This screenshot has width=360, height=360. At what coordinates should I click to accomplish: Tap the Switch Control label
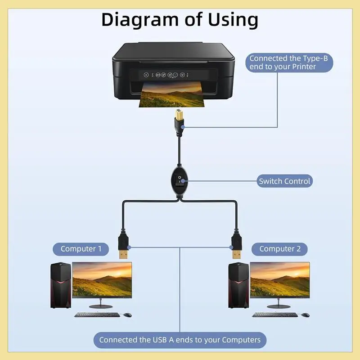tap(284, 181)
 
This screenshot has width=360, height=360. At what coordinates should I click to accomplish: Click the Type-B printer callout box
tap(289, 62)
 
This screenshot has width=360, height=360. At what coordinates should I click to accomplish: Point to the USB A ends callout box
tap(180, 340)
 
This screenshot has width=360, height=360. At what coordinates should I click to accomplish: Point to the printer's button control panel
tap(166, 75)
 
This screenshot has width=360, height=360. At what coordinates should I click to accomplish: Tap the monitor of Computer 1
tap(102, 280)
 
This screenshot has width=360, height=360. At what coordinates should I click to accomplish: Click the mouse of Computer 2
tap(306, 315)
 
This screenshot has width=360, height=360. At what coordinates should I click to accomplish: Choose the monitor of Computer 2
tap(280, 280)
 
